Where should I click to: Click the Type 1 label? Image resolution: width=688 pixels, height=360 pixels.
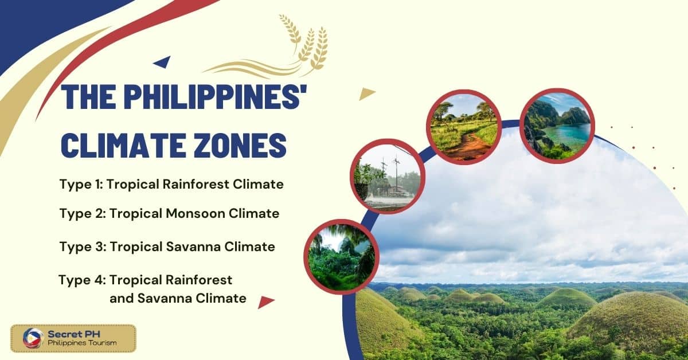click(x=81, y=185)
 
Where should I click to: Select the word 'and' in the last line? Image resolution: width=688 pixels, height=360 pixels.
click(x=122, y=299)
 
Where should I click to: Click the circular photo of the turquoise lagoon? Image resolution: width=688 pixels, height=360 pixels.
click(x=557, y=126)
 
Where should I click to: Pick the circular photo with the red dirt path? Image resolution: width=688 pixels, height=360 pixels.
click(x=464, y=127)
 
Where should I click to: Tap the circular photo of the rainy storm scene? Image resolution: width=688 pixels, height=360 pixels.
click(x=388, y=177)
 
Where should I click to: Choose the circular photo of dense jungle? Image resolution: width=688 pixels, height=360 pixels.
click(x=342, y=257)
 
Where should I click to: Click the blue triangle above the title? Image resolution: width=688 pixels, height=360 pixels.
click(x=163, y=62)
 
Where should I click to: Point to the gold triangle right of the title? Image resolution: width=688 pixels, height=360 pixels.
click(x=366, y=93)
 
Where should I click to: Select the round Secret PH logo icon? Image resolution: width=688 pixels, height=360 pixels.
click(x=33, y=338)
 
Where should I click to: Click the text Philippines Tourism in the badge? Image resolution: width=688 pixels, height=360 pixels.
click(x=82, y=343)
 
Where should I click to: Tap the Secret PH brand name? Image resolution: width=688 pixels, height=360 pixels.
click(x=74, y=334)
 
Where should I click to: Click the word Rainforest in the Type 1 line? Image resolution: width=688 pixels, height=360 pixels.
click(x=196, y=185)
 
